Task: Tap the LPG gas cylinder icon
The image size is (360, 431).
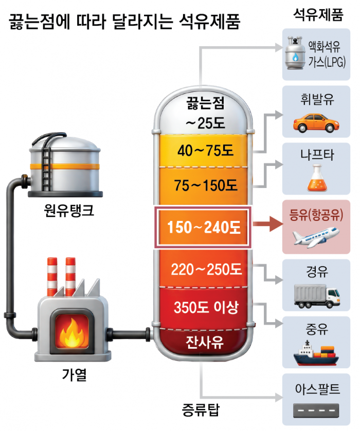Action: (295, 52)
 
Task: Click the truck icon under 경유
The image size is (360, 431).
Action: (317, 296)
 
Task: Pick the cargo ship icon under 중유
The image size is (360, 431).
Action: (316, 353)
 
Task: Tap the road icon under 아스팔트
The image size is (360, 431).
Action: (316, 410)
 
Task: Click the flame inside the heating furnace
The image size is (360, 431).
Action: (72, 333)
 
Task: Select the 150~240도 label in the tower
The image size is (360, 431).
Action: (204, 228)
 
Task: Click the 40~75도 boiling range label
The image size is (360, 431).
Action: (205, 151)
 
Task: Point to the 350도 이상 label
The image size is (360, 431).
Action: (206, 307)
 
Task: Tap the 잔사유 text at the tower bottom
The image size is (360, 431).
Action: (204, 343)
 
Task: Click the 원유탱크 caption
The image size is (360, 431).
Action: (69, 211)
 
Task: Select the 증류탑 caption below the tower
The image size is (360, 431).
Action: (201, 410)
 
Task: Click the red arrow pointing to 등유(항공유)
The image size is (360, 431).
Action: (267, 224)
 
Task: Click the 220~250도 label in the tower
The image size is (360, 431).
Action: (206, 269)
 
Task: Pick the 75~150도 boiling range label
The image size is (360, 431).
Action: (206, 185)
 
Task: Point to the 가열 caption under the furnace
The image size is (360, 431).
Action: (74, 374)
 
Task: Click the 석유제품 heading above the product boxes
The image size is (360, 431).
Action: (318, 14)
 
